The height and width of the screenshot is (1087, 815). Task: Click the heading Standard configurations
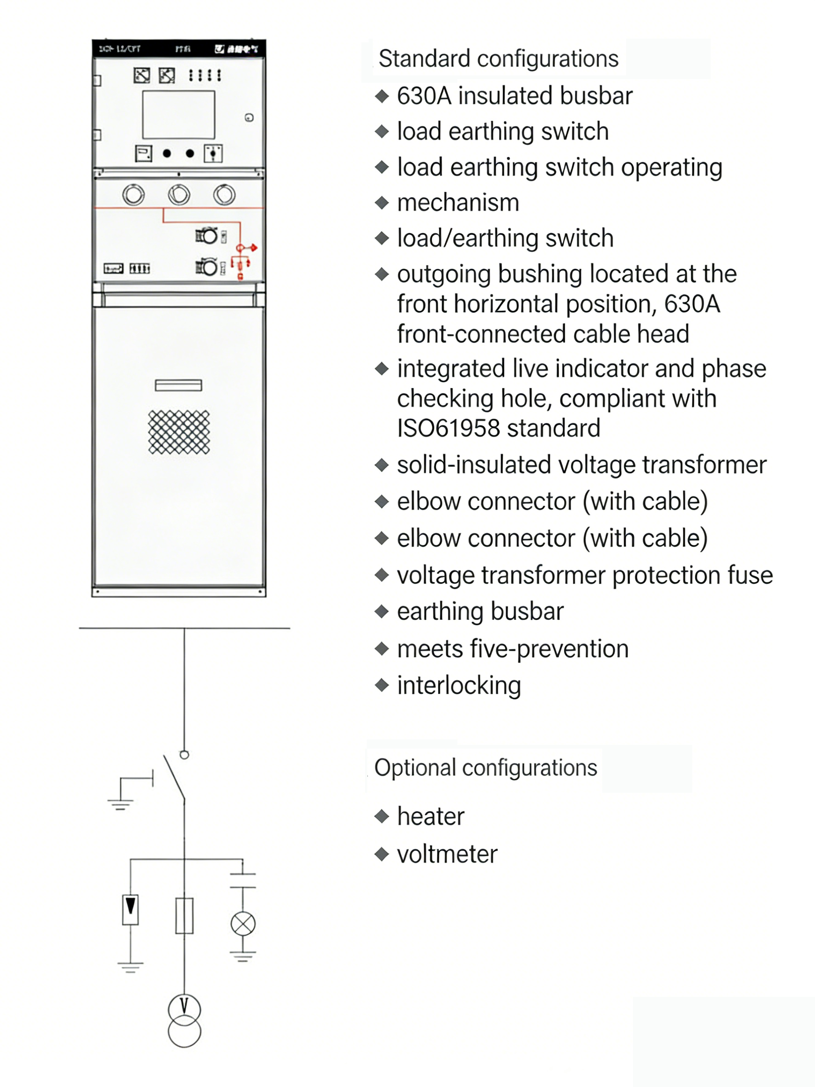click(498, 59)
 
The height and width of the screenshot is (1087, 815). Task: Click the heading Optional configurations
click(485, 767)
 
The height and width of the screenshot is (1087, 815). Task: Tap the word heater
click(430, 817)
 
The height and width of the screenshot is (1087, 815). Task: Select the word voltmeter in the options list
click(447, 854)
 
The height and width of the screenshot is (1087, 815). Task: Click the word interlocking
click(459, 686)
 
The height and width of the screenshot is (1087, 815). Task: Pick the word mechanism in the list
click(458, 202)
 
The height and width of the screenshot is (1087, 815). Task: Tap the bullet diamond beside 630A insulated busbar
click(382, 96)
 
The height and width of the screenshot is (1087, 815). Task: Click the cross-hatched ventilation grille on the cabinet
click(179, 432)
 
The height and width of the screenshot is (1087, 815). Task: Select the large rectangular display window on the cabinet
click(178, 115)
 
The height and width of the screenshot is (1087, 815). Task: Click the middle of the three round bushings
click(179, 195)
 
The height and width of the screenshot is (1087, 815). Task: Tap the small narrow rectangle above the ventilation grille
click(178, 385)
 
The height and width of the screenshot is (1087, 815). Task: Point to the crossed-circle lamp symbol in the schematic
click(243, 924)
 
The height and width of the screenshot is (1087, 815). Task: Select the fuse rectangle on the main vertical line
click(184, 916)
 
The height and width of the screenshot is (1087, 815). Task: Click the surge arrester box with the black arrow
click(130, 910)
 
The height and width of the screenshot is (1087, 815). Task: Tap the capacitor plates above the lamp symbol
click(243, 881)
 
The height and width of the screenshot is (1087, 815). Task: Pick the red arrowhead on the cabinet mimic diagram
click(254, 248)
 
